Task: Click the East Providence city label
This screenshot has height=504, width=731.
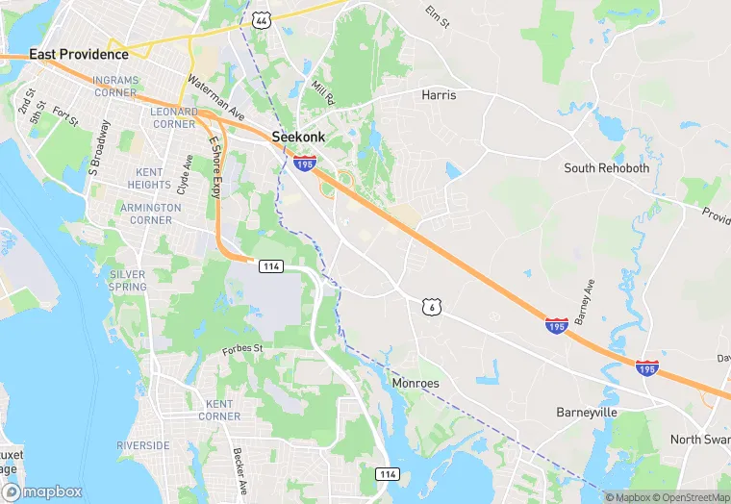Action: click(79, 55)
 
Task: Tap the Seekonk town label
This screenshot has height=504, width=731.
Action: click(298, 138)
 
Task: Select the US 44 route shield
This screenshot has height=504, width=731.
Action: click(261, 19)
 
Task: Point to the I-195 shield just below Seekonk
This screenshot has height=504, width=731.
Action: click(305, 164)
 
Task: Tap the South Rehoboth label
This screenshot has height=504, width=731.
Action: click(606, 167)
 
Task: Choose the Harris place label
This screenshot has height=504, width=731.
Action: click(439, 95)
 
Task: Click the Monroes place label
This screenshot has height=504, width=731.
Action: click(416, 383)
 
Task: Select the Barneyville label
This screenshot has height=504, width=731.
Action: click(587, 412)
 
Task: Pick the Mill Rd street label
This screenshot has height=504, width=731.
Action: click(324, 93)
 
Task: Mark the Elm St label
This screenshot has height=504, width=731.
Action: click(438, 16)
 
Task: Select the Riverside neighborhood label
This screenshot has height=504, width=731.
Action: click(143, 445)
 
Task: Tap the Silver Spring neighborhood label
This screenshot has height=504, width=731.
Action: click(128, 280)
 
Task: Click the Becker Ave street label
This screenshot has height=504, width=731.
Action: click(240, 468)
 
